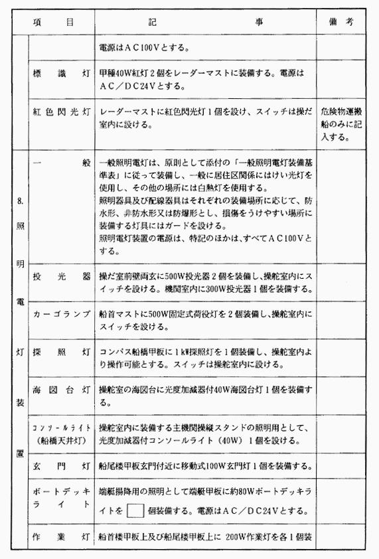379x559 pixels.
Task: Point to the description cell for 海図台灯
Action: (206, 396)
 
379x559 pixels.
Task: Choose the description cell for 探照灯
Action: (206, 358)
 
